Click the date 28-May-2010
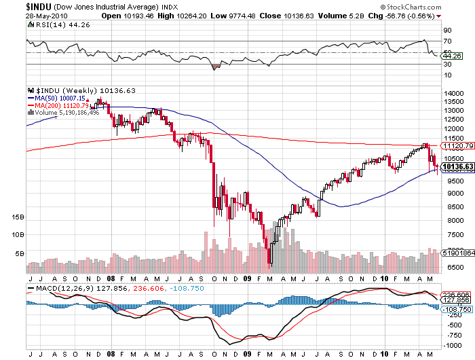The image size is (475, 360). [22, 15]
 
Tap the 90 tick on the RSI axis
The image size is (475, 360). [448, 31]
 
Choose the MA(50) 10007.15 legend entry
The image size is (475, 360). [59, 98]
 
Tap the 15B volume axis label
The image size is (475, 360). [18, 217]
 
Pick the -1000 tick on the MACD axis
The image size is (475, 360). [450, 345]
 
